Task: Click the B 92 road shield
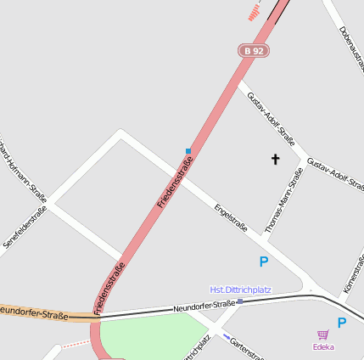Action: coord(253,51)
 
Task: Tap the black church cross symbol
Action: coord(275,159)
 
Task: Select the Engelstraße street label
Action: coord(231,216)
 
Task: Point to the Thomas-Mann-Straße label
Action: coord(284,200)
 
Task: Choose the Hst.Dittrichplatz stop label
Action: coord(241,290)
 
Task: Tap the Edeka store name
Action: coord(323,346)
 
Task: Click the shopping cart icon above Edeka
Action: coord(322,335)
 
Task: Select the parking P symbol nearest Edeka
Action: coord(342,323)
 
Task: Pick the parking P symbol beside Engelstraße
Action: coord(263,262)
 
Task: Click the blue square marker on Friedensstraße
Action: coord(188,151)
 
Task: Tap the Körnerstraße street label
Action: coord(354,276)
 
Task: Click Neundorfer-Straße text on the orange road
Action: coord(34,312)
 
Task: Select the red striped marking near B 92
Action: coord(254,12)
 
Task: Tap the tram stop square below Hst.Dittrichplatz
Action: coord(240,301)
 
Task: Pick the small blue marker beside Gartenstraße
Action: coord(226,336)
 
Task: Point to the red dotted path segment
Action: coord(74,344)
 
